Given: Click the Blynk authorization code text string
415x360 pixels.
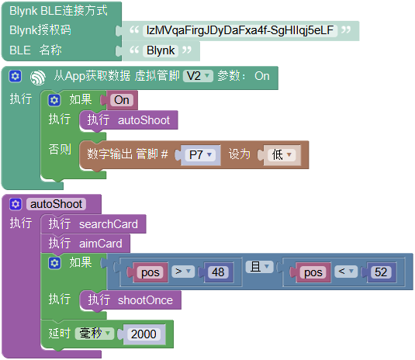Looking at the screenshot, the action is tap(240, 30).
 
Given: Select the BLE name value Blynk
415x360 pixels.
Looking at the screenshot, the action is tap(161, 50).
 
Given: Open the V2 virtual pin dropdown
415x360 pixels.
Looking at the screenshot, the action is tap(198, 76).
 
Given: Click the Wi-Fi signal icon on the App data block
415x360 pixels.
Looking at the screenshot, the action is tap(38, 78).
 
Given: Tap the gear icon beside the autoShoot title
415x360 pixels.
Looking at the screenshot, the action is tap(16, 204).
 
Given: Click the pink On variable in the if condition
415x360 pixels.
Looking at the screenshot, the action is tap(122, 100).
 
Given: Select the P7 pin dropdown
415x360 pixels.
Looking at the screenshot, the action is tap(200, 155).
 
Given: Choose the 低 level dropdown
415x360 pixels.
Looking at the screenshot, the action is tap(282, 155).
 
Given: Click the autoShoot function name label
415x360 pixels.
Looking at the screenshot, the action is tap(56, 204).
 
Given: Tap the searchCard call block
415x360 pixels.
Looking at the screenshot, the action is tap(93, 224).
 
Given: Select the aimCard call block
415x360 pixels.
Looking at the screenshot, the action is tap(85, 244).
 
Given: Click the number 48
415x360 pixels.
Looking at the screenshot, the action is tap(218, 272).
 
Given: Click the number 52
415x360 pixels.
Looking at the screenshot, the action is tap(381, 272).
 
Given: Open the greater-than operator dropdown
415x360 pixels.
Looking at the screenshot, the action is tap(183, 272).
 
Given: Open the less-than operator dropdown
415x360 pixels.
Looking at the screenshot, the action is tap(346, 272).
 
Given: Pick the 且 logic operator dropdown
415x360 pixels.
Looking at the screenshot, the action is tap(259, 267).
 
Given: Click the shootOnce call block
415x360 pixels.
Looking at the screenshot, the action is tap(130, 300).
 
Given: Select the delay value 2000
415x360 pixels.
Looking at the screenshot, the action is tap(144, 334).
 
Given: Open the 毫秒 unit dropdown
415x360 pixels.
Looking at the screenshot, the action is tap(94, 334).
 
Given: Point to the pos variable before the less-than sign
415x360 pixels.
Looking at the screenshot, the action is tap(313, 272).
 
